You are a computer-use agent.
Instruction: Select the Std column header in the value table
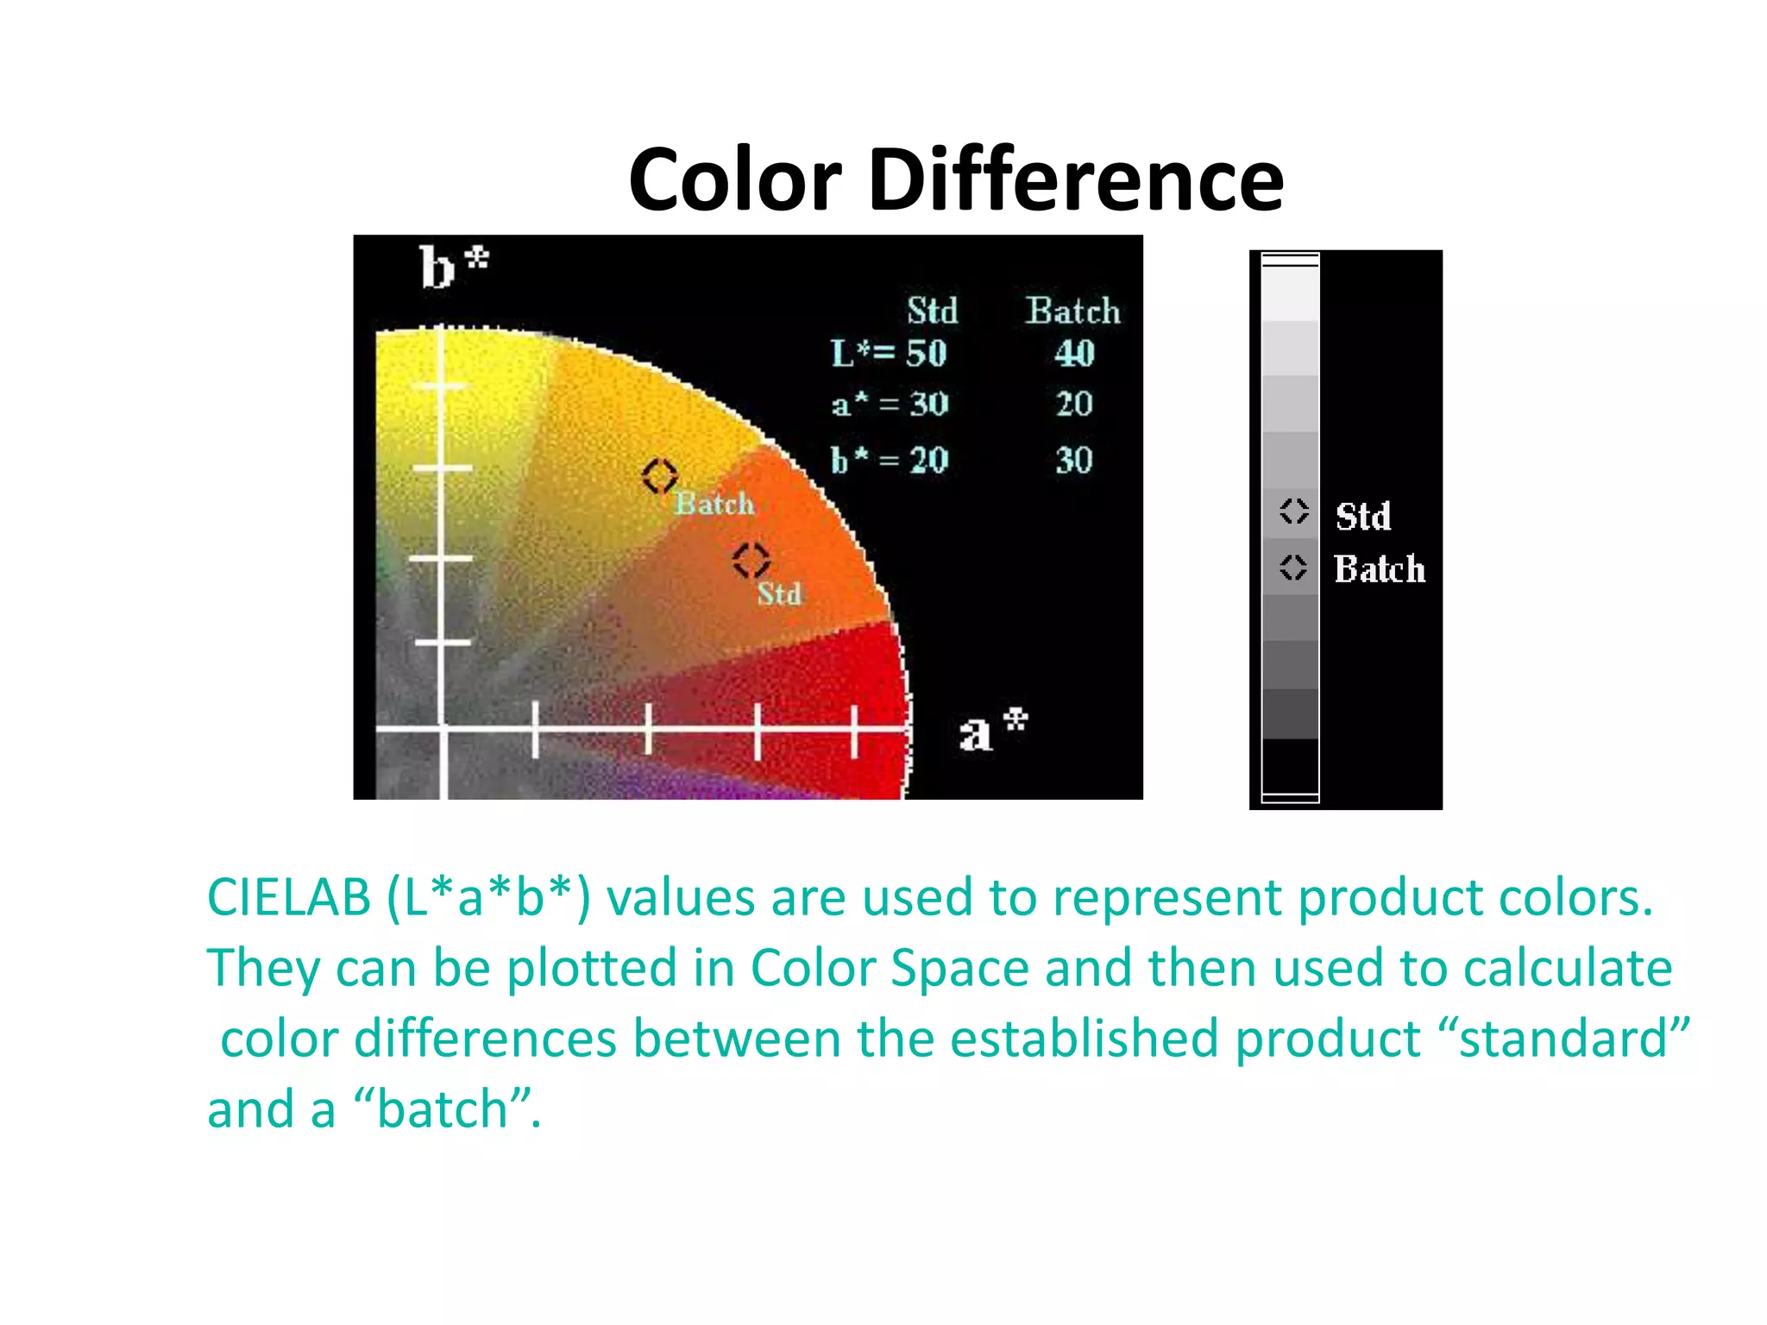point(932,311)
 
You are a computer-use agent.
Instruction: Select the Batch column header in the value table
point(1072,311)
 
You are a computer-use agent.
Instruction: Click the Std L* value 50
point(926,354)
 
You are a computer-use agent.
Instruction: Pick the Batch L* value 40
point(1074,354)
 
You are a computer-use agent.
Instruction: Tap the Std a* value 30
point(928,404)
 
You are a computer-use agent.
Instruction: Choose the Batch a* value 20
point(1074,404)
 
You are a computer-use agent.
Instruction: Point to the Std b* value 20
point(928,460)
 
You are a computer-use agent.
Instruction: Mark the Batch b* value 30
point(1074,460)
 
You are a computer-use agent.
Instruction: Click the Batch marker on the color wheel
point(660,475)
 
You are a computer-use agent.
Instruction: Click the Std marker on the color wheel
point(751,560)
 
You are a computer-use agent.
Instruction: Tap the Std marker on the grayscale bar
point(1293,512)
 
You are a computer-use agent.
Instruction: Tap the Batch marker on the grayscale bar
point(1292,567)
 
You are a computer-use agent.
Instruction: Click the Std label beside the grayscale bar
point(1363,517)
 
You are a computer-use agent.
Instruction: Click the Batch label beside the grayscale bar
point(1379,569)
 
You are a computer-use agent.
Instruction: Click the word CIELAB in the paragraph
point(289,897)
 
